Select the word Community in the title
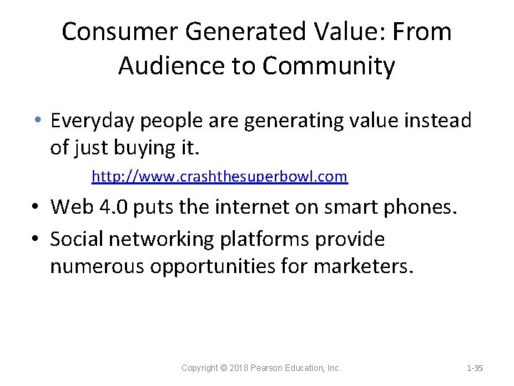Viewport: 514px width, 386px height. pos(328,66)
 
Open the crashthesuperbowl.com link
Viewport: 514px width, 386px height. pos(219,176)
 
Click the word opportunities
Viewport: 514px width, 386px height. pos(218,267)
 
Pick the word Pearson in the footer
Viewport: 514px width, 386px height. pos(271,368)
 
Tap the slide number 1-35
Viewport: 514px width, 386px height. pos(474,368)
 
